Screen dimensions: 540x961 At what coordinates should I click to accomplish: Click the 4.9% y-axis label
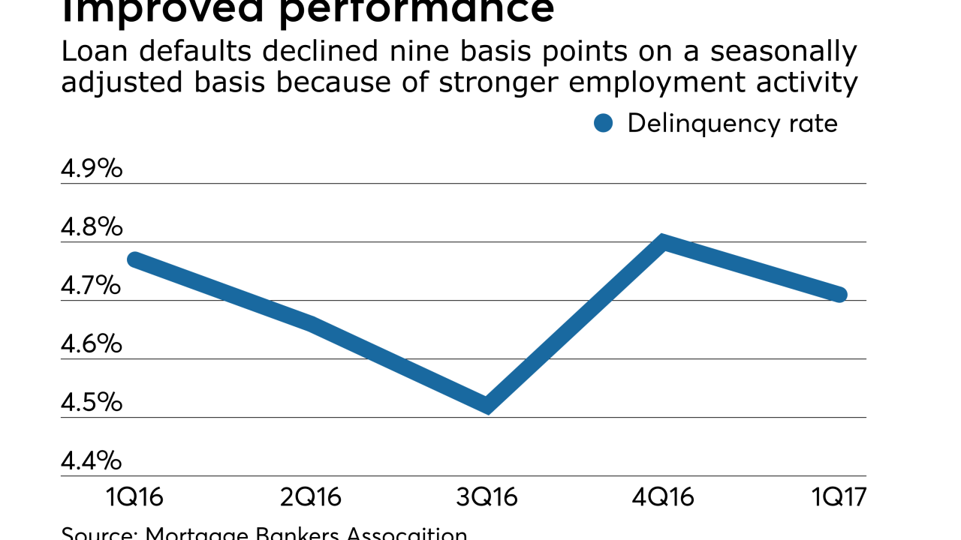tap(91, 169)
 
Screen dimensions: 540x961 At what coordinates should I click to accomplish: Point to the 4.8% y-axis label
tap(91, 227)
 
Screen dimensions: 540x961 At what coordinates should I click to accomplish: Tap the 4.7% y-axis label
tap(91, 286)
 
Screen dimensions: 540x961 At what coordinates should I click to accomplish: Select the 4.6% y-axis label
tap(91, 344)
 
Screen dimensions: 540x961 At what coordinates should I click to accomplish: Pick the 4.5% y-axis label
tap(91, 403)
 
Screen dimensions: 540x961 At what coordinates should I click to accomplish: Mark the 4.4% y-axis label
tap(91, 460)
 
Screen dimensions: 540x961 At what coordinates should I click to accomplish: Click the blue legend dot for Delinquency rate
tap(603, 124)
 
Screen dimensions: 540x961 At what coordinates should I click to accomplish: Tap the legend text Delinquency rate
tap(732, 124)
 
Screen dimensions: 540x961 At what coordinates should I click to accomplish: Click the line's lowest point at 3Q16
tap(488, 406)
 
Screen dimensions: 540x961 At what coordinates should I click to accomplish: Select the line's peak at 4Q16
tap(663, 243)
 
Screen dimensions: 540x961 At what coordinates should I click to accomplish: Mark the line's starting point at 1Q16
tap(134, 259)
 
